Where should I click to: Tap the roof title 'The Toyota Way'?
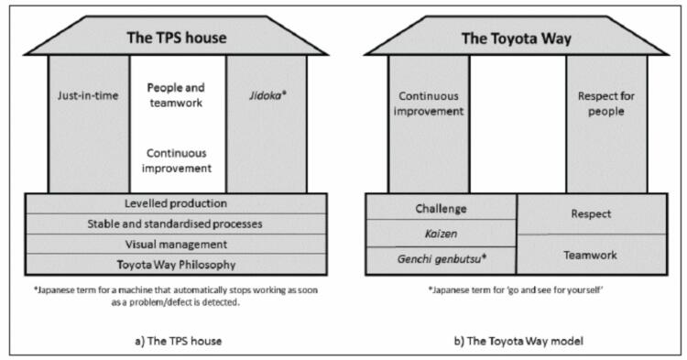click(x=517, y=38)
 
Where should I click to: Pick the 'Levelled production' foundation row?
click(x=176, y=202)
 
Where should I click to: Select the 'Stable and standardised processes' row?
click(x=176, y=223)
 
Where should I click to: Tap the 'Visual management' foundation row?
click(x=176, y=244)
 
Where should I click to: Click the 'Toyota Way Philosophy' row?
click(x=176, y=265)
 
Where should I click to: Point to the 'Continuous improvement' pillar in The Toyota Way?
click(x=429, y=103)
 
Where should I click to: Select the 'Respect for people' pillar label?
click(x=606, y=103)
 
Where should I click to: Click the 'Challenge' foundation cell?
click(x=442, y=209)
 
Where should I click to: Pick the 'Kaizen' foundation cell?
click(x=442, y=235)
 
